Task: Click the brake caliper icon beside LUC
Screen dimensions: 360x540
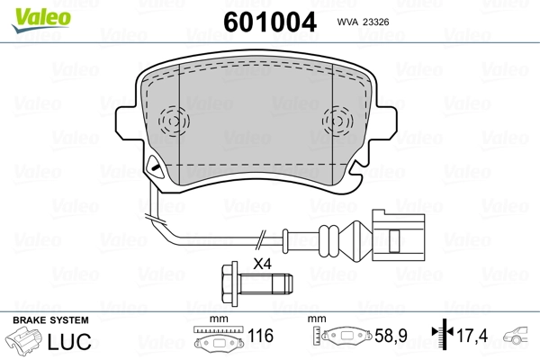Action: (27, 343)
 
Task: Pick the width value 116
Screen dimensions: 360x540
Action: (260, 337)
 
